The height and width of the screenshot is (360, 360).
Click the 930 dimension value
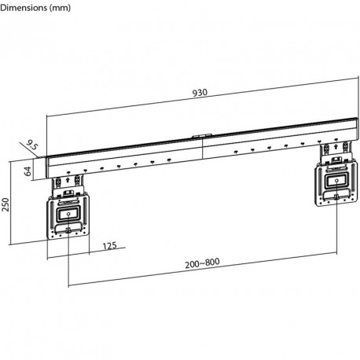click(x=200, y=92)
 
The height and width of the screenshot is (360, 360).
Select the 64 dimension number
click(x=28, y=170)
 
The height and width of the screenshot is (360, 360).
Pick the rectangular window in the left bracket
click(x=68, y=211)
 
